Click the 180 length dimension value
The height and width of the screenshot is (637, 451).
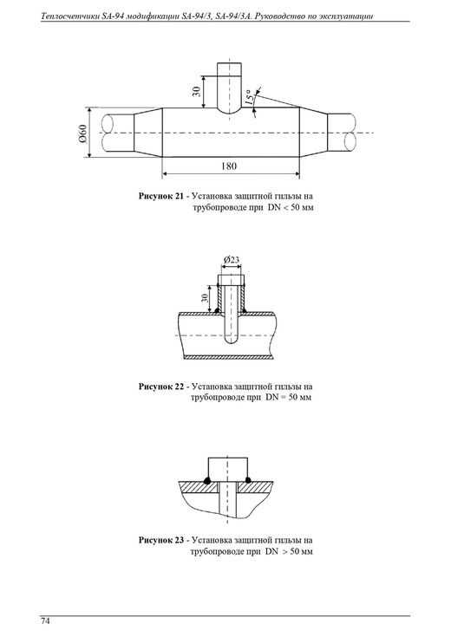click(229, 166)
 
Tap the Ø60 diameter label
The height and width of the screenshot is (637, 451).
click(83, 133)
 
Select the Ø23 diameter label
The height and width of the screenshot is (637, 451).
click(232, 260)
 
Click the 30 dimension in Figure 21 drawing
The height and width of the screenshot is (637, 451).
click(197, 91)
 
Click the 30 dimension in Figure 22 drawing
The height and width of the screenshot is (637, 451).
click(206, 298)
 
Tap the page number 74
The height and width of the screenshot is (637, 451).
click(45, 621)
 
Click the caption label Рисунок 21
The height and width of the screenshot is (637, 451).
click(161, 196)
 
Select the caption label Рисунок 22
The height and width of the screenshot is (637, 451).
click(161, 387)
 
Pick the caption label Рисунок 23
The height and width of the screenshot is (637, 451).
click(161, 540)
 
